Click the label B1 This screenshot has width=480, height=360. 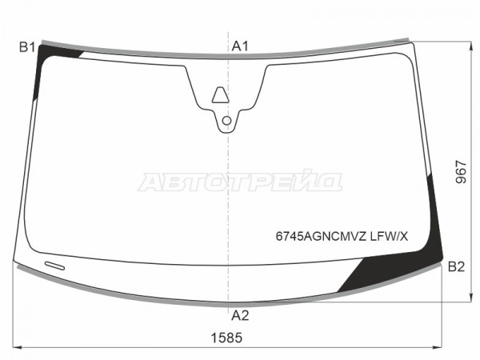pos(27,47)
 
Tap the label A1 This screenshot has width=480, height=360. pos(240,46)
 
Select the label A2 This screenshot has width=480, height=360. pos(240,315)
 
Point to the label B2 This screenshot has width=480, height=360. pos(456,267)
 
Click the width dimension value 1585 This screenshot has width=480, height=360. pos(226,338)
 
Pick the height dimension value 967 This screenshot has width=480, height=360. pos(461,172)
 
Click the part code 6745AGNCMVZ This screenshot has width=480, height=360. pos(321,236)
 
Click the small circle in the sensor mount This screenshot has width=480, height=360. pos(226,121)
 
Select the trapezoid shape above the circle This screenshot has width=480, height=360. pos(221,95)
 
